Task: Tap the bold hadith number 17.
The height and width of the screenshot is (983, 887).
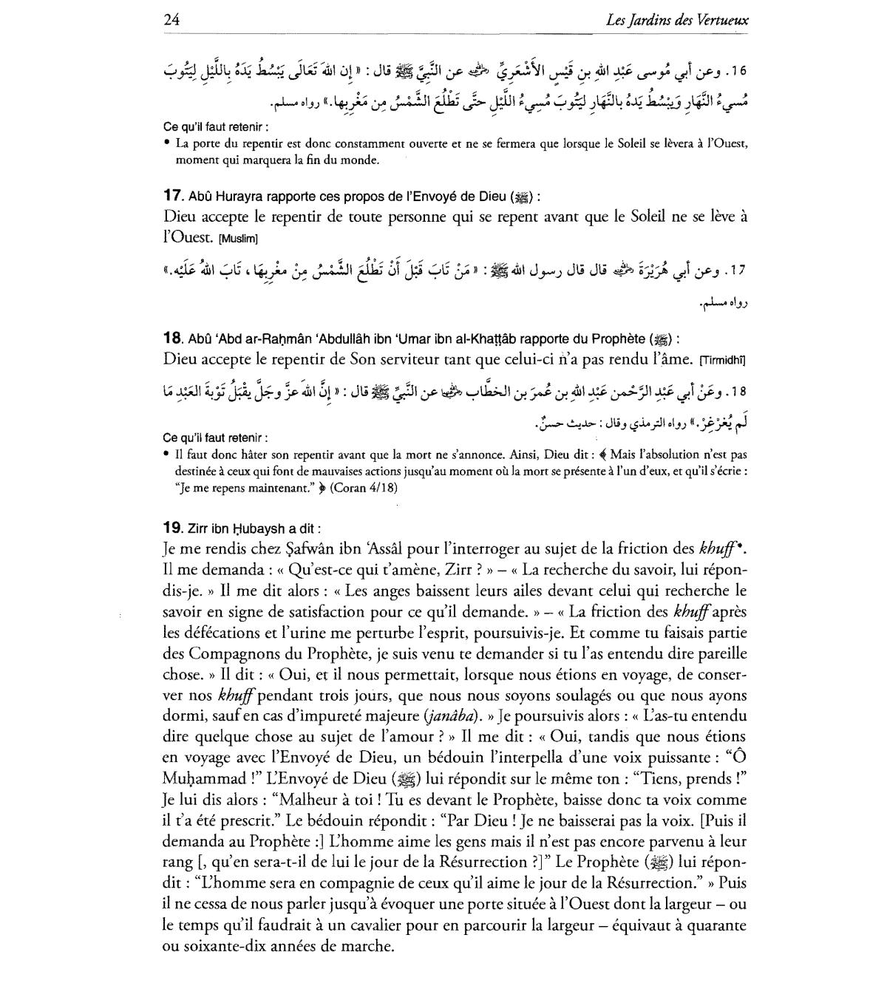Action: (172, 197)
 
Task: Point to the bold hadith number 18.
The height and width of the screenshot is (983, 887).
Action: (172, 339)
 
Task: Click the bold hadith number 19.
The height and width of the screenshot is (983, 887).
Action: (172, 528)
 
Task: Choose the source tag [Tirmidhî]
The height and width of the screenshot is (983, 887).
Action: (723, 361)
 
